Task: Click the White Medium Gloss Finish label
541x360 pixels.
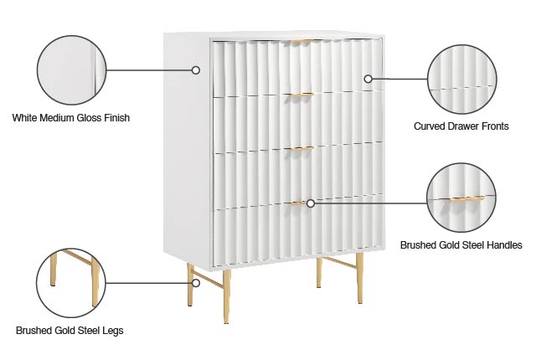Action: click(x=71, y=118)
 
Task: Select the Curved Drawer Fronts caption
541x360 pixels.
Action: click(x=461, y=126)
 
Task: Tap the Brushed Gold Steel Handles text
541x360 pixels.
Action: click(x=461, y=245)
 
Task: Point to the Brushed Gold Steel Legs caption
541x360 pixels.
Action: click(x=70, y=331)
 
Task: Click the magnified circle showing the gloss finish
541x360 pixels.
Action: click(x=72, y=70)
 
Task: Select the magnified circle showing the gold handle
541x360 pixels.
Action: click(x=461, y=197)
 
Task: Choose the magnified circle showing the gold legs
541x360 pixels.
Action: click(x=71, y=282)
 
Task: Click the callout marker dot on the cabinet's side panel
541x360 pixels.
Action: click(x=196, y=70)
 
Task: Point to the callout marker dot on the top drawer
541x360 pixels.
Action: click(x=368, y=79)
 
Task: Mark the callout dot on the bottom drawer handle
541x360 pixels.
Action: click(x=310, y=203)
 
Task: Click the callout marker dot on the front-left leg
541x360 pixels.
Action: click(x=196, y=282)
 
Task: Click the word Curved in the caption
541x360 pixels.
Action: click(x=430, y=126)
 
